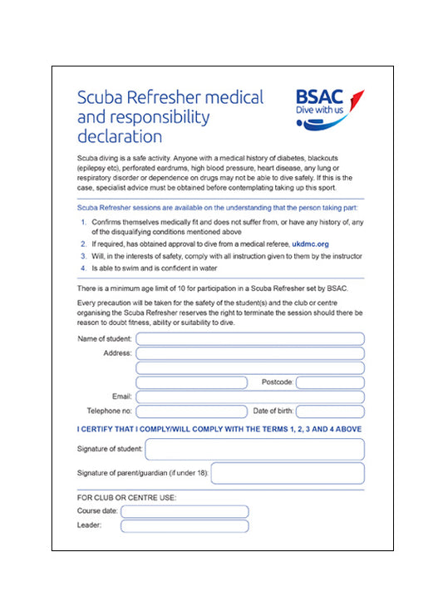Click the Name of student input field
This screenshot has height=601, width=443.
pos(250,338)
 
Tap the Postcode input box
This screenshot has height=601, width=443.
pos(330,382)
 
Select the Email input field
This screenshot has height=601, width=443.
pos(250,397)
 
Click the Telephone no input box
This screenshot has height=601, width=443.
pos(192,411)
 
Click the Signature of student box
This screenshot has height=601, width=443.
pos(254,450)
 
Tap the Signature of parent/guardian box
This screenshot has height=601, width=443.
pos(288,474)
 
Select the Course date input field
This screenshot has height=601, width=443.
pos(185,511)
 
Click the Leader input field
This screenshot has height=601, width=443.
pos(185,525)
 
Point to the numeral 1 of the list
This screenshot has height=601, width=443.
pos(83,223)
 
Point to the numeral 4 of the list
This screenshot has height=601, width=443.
pos(83,268)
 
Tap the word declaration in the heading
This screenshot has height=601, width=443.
pos(120,136)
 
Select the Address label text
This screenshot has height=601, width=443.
pos(117,353)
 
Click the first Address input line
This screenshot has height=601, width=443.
pos(250,353)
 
